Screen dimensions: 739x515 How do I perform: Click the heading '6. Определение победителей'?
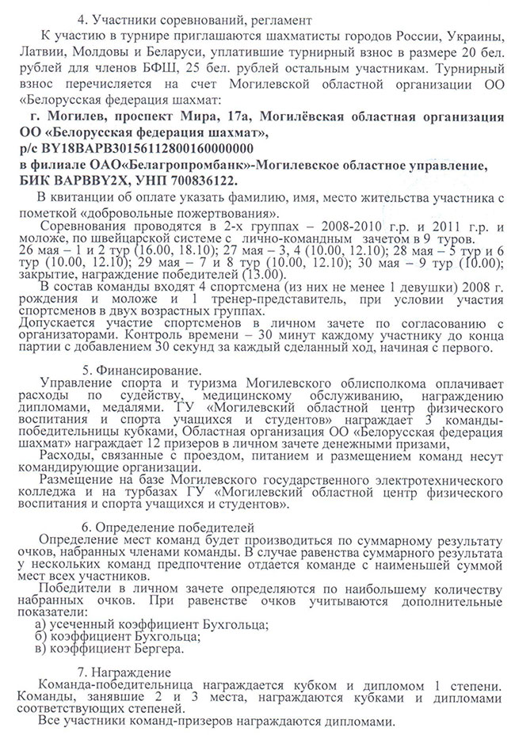point(168,528)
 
